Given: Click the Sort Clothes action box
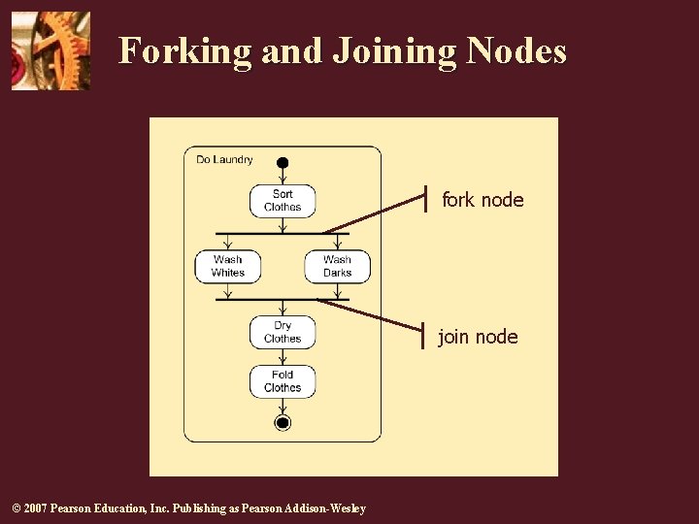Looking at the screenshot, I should coord(283,200).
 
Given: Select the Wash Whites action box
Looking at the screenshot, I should coord(228,266).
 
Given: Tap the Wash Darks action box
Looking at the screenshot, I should coord(337,266).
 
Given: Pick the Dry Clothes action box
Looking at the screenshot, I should coord(283,332).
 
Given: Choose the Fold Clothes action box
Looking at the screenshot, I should coord(283,380).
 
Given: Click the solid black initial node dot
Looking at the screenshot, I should coord(283,162).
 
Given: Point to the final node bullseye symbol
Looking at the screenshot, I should coord(283,422).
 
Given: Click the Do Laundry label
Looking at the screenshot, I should coord(224,159).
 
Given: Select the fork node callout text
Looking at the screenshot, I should coord(483,200).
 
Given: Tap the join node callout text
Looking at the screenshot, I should coord(478,337).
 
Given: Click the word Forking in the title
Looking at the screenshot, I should coord(185,50).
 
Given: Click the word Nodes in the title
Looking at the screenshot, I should coord(516,50).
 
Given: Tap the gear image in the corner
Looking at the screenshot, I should coord(50,50).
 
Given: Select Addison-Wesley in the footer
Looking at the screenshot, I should coord(329,508).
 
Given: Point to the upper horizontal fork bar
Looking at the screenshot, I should coord(282,234).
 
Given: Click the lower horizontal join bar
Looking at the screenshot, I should coord(282,300).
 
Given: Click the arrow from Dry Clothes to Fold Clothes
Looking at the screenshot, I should coord(283,357).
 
